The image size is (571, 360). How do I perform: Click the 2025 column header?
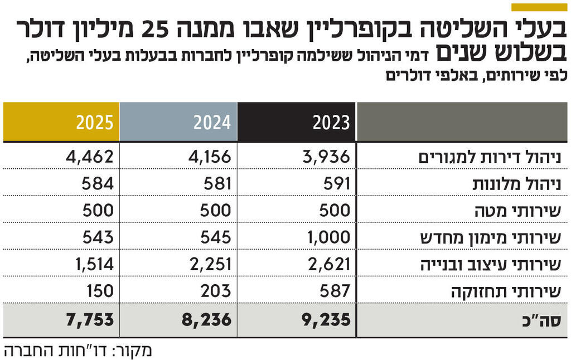(x=95, y=122)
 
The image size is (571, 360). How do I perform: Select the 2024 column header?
(x=212, y=122)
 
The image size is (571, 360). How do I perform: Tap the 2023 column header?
(x=331, y=122)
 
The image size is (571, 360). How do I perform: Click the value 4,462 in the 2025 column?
(x=89, y=157)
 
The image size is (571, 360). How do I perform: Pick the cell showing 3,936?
(x=328, y=157)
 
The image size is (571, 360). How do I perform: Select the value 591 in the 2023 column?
(x=336, y=183)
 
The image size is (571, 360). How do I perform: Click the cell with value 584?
(x=98, y=183)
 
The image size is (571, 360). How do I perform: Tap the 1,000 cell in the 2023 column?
(x=328, y=237)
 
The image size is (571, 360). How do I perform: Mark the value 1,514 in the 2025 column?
(x=90, y=264)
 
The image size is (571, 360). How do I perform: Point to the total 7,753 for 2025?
(x=89, y=319)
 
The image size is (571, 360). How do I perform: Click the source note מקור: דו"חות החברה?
(x=78, y=351)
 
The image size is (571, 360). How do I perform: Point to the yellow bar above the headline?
(x=539, y=7)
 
